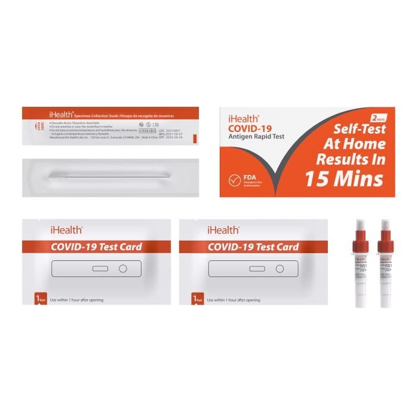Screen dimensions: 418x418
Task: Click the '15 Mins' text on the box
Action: pos(343,177)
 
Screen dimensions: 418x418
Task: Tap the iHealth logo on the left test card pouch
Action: pos(66,229)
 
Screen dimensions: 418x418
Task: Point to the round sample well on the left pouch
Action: pos(123,269)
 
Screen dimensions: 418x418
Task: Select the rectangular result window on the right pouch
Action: pos(257,269)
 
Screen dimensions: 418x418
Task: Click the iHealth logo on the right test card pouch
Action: pos(223,229)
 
